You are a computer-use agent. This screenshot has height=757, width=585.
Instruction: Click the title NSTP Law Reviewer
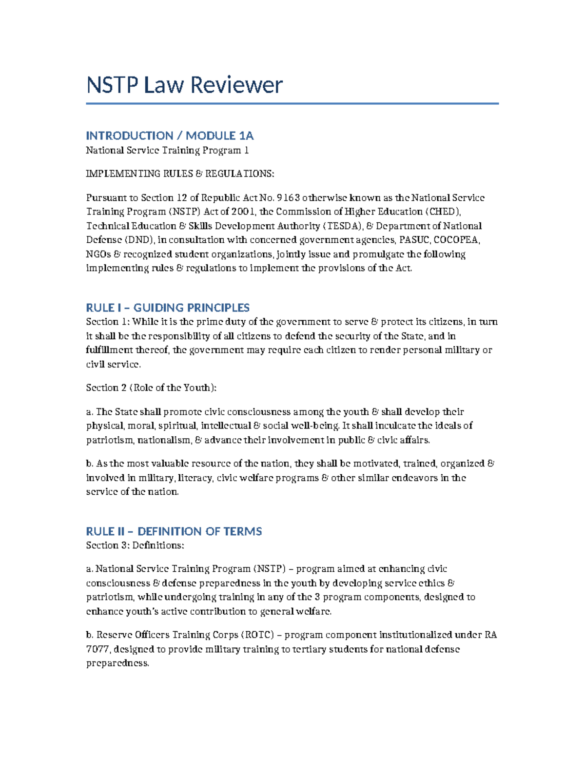coord(184,85)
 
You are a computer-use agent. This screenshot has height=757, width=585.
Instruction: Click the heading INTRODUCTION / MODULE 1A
coord(170,136)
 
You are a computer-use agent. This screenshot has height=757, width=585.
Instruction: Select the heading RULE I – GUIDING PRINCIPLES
coord(168,308)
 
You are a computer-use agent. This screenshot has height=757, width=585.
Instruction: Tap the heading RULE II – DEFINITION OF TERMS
coord(174,531)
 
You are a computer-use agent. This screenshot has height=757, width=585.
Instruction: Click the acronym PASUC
coord(414,240)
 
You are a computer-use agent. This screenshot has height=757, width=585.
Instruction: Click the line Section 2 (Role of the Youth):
coord(151,388)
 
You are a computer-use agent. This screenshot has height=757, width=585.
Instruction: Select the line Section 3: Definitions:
coord(135,545)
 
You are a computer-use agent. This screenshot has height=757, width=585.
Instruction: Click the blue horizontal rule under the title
coord(292,103)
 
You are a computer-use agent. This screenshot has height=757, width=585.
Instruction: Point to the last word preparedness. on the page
coord(117,663)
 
